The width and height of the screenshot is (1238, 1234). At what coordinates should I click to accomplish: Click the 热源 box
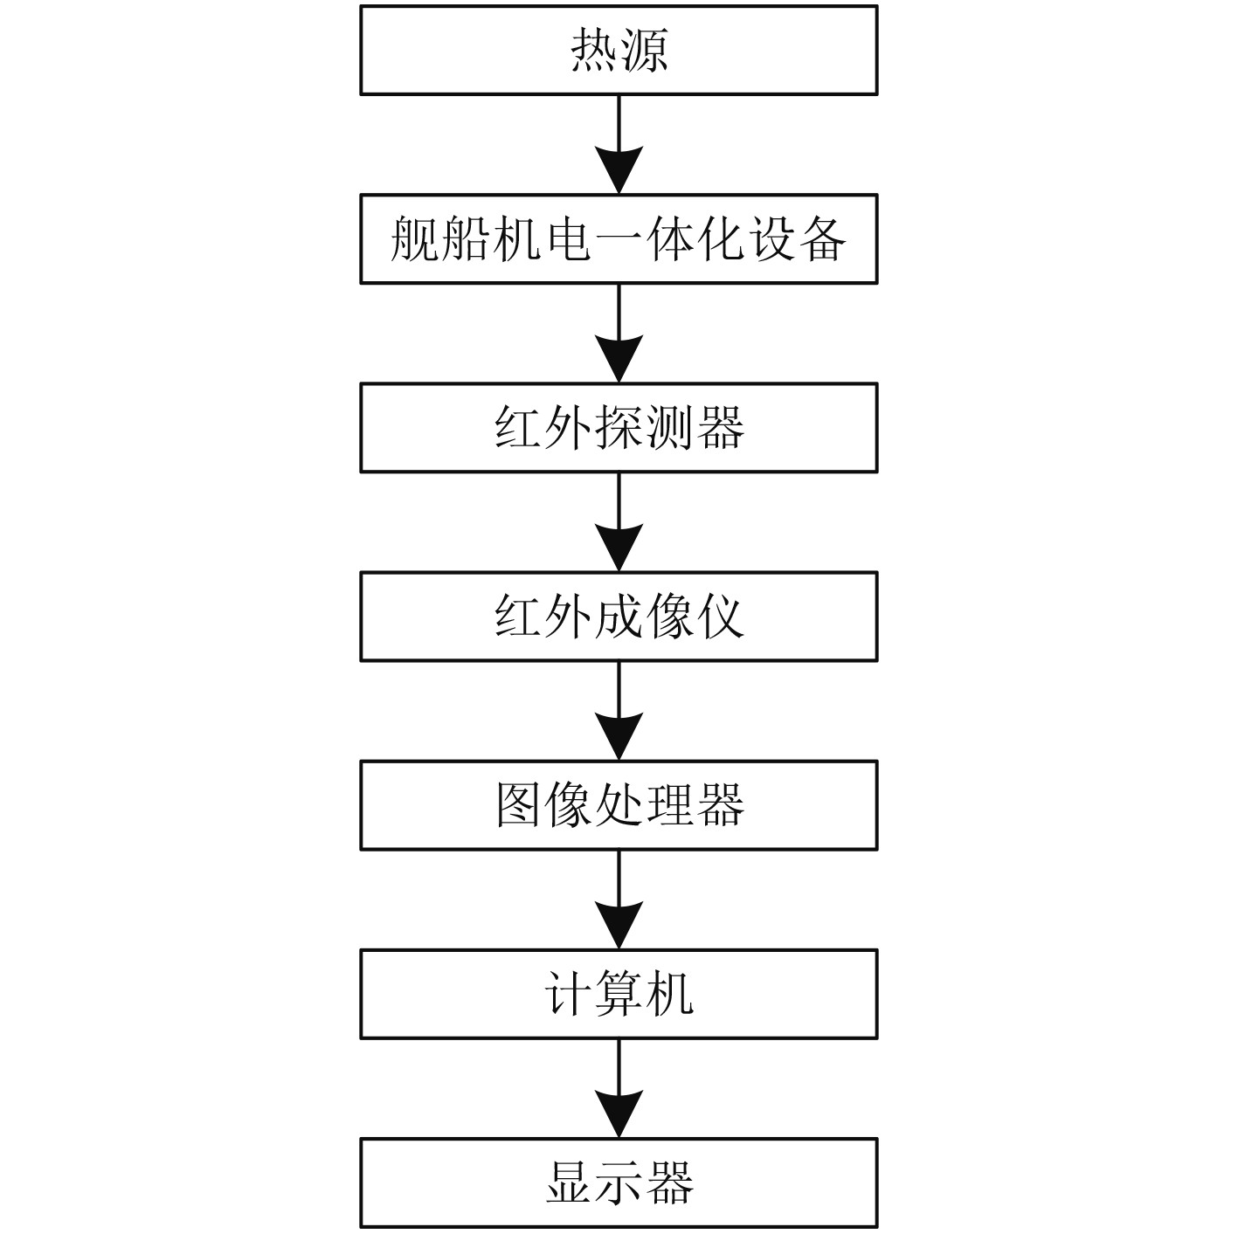pos(619,50)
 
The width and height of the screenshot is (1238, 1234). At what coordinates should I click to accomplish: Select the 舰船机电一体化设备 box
pos(619,238)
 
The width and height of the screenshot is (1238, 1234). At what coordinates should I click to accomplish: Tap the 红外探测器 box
pos(619,427)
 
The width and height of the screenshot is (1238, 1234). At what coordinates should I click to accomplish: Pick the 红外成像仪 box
pos(619,616)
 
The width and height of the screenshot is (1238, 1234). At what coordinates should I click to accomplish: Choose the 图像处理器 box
pos(619,804)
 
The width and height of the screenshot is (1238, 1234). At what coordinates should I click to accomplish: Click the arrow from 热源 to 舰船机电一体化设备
pos(619,144)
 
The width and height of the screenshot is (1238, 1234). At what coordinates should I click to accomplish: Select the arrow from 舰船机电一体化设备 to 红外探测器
pos(619,333)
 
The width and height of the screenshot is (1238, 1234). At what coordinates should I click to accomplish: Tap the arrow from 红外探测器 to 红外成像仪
pos(619,521)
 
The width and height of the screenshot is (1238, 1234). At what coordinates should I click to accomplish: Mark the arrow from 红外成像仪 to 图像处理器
pos(619,710)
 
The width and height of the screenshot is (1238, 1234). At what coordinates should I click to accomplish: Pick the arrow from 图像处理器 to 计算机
pos(619,899)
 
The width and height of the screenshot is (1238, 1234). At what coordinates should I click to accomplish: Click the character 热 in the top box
pos(594,50)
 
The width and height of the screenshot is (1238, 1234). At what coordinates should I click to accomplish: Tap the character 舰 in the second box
pos(414,238)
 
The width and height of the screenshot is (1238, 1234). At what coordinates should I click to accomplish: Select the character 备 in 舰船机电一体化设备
pos(822,238)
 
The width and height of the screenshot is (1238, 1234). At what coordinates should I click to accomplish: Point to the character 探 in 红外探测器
pos(619,427)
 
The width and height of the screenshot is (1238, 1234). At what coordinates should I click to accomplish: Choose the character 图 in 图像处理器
pos(519,804)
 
